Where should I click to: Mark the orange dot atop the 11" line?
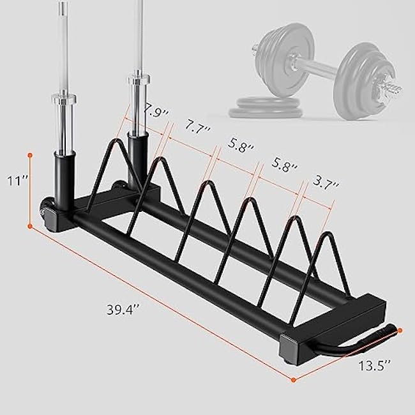coord(30,154)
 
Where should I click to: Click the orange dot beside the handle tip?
coord(400,331)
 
